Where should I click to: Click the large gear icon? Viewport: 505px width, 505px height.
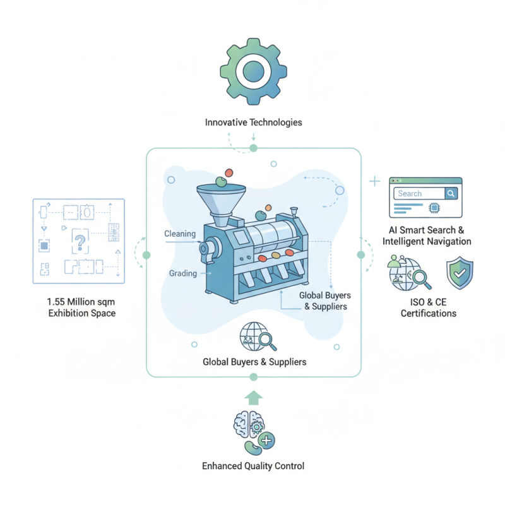pos(252,69)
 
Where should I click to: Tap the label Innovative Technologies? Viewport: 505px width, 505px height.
pos(253,122)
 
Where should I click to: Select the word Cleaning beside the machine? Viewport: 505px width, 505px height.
pos(179,234)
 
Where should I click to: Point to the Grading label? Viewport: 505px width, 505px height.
pos(183,273)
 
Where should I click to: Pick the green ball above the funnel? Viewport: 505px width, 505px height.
pos(221,182)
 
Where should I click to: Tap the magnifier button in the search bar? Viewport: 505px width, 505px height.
pos(451,194)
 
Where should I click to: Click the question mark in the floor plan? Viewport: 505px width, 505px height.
pos(80,240)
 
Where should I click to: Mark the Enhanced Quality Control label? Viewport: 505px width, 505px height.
pos(253,466)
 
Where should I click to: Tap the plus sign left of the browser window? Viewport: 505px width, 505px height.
pos(374,182)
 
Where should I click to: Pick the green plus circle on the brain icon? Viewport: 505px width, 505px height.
pos(266,440)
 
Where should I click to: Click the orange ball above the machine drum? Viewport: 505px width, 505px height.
pos(268,207)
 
